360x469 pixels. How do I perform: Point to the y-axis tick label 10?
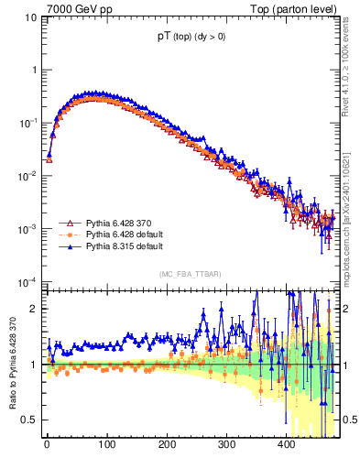pyautogui.click(x=28, y=17)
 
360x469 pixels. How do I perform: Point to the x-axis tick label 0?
pyautogui.click(x=47, y=446)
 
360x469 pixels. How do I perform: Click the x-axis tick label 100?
pyautogui.click(x=106, y=446)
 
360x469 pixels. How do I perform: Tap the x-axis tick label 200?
pyautogui.click(x=167, y=446)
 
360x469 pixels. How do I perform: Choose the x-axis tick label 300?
pyautogui.click(x=226, y=446)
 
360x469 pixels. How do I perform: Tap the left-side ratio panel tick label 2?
pyautogui.click(x=33, y=309)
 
